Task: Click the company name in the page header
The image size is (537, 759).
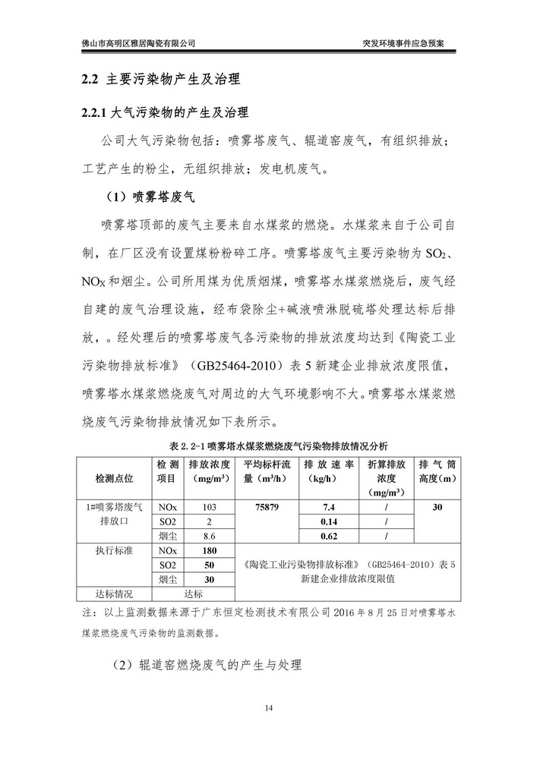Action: coord(138,43)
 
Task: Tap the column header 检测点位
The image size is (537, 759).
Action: coord(114,478)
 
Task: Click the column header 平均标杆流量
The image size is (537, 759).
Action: coord(266,471)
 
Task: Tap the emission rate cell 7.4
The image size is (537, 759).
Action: coord(328,507)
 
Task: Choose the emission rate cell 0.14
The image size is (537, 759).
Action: coord(328,522)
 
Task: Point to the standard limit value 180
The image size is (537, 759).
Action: coord(210,551)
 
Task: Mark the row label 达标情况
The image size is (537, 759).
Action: coord(114,595)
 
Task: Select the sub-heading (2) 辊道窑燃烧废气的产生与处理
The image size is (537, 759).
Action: coord(206,665)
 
